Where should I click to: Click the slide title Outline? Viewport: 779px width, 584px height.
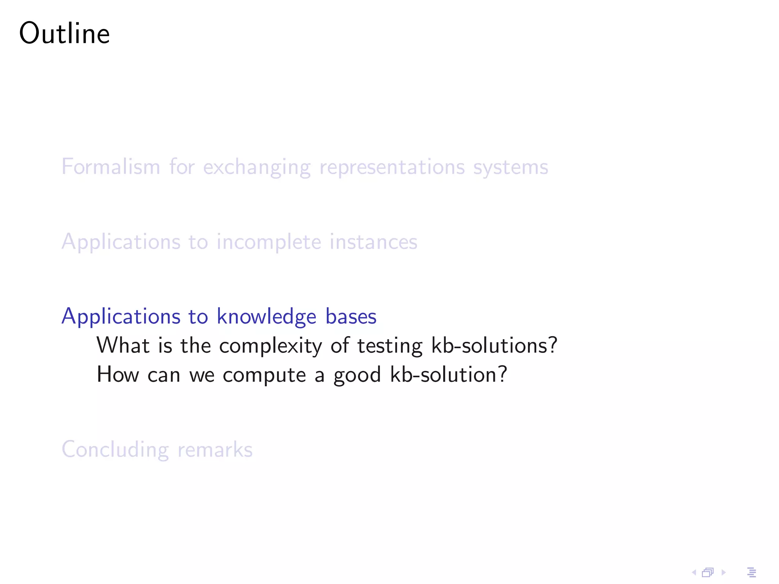[64, 33]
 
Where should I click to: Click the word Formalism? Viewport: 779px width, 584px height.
[111, 167]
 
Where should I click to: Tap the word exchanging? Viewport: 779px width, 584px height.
[257, 168]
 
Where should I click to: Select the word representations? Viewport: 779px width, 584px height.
[392, 168]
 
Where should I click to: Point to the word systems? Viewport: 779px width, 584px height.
[510, 168]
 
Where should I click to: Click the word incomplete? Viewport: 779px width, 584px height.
[269, 242]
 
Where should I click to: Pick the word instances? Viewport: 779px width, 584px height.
[373, 242]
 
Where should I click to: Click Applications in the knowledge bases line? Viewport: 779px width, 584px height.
[121, 317]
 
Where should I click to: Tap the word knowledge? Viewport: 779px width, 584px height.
[266, 317]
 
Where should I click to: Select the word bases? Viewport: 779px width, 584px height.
[351, 317]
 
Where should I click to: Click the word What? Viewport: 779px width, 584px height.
[123, 346]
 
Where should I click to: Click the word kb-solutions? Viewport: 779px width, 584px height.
[494, 346]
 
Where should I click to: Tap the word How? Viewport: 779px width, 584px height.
[118, 375]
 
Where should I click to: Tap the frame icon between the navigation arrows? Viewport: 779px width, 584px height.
[707, 572]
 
